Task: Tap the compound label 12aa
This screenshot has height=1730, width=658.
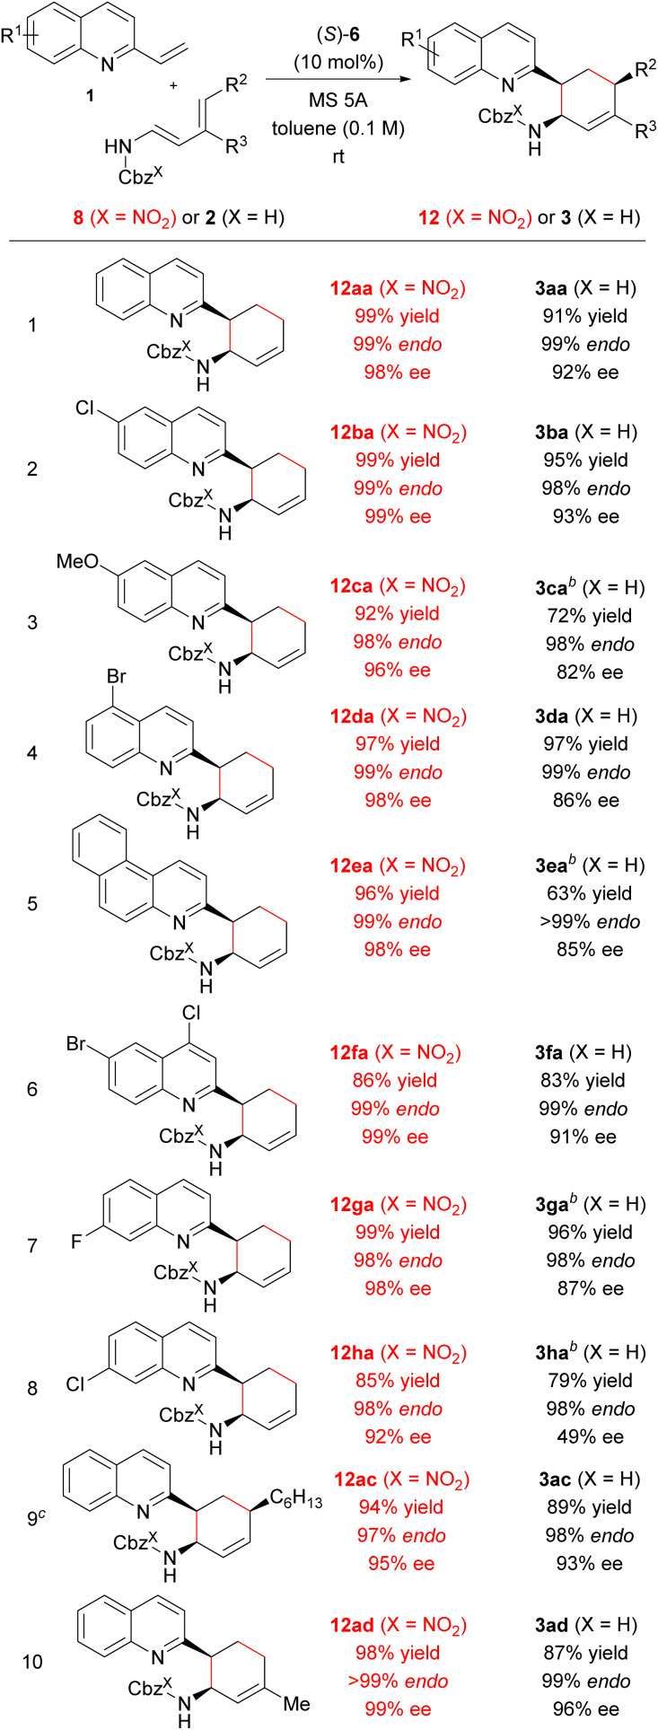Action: tap(353, 288)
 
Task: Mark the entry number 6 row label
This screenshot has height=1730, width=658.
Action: tap(32, 1089)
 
